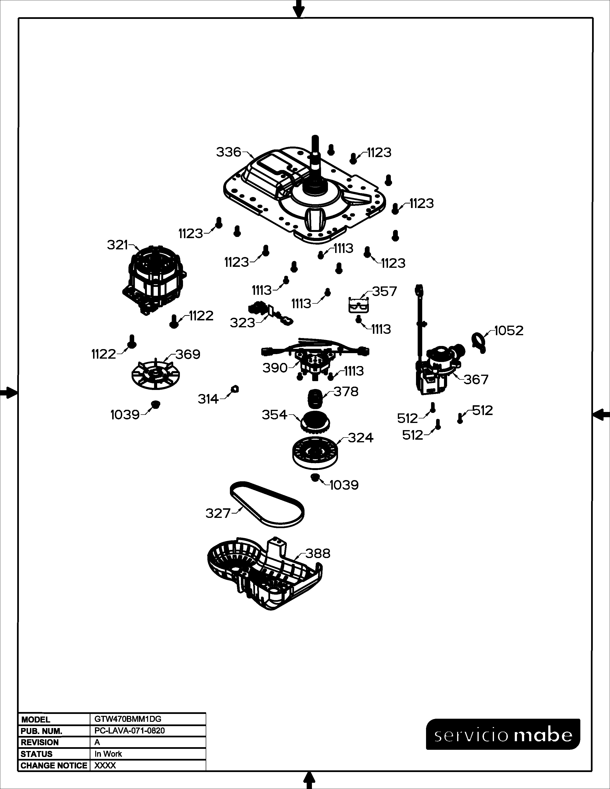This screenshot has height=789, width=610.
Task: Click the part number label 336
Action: click(x=228, y=152)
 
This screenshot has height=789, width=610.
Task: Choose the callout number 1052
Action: click(x=509, y=331)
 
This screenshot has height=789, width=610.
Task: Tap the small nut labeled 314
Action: click(x=235, y=389)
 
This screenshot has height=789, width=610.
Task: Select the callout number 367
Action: click(x=476, y=379)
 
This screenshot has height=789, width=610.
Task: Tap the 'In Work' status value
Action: click(x=108, y=754)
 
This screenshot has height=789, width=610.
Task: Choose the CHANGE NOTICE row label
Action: click(x=54, y=766)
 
